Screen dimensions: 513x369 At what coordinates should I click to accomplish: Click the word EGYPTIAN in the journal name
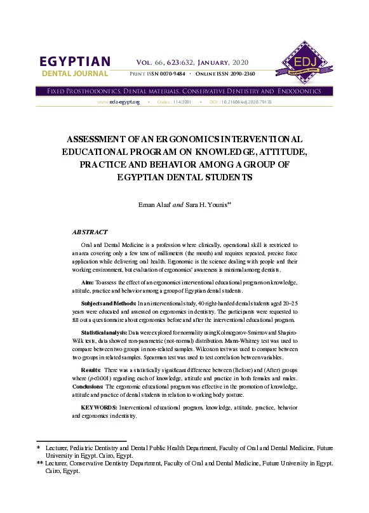75,62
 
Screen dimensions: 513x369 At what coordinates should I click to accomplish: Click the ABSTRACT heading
90,232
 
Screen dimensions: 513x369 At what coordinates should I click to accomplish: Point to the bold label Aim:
88,281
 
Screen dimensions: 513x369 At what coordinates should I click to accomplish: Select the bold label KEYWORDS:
98,406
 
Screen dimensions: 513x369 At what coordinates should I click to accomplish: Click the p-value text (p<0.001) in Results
98,378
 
